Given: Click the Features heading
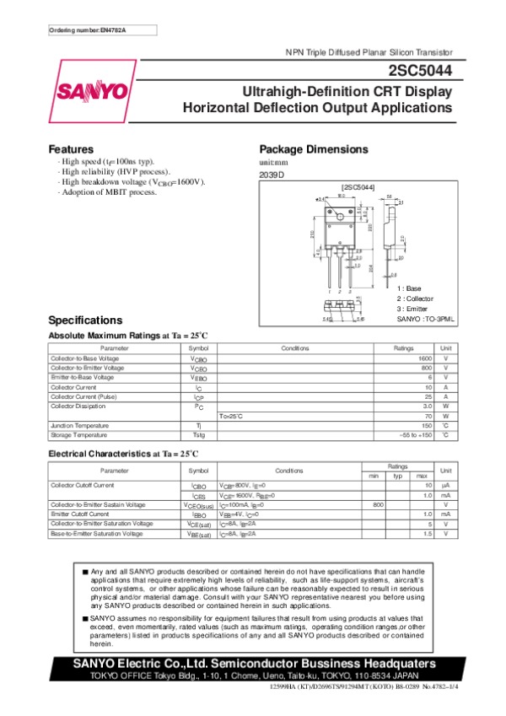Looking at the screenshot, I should click(71, 148).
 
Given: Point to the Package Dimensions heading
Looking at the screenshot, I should click(313, 148).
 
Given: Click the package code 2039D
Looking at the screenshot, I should click(272, 175).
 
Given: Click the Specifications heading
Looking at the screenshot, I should click(85, 320).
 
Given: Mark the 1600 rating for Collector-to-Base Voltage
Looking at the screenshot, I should click(425, 358).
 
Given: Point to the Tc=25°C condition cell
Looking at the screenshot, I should click(231, 417).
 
